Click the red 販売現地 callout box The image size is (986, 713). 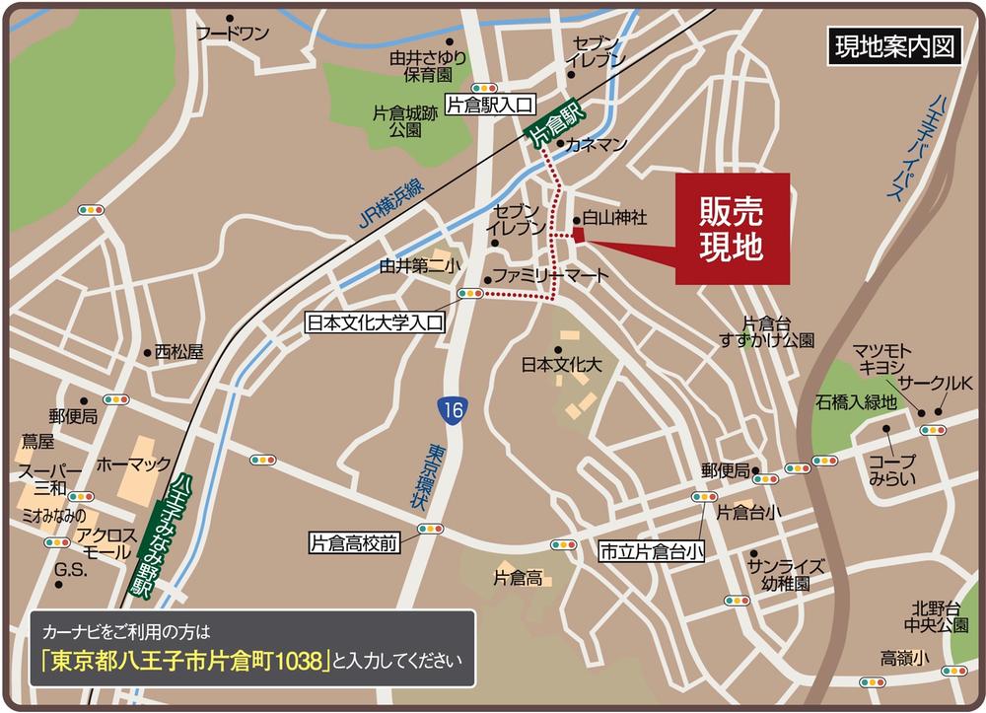coord(733,229)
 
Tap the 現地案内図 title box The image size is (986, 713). coord(893,47)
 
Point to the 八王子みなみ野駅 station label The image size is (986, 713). coord(158,537)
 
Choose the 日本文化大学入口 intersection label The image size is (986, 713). coord(377,322)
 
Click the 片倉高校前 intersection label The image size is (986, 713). coord(354,543)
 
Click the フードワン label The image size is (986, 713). coord(232,34)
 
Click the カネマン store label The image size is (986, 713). coord(597,145)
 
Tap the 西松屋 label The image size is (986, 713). coord(178,351)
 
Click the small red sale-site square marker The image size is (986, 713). coord(578,235)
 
